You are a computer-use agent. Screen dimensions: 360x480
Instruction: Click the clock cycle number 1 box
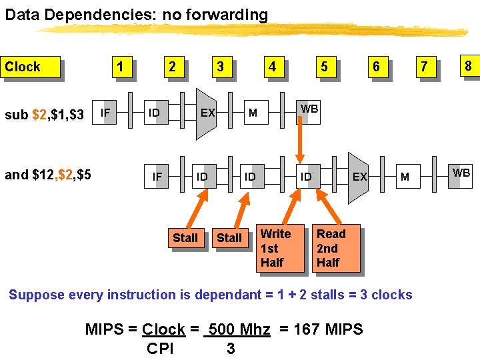[119, 67]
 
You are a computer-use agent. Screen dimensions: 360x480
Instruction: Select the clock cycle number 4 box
[271, 67]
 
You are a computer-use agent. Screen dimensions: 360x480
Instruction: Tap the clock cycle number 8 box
[468, 66]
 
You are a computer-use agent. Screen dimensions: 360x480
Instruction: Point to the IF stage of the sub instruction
[105, 113]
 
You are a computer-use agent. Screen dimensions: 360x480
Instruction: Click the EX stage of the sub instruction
[207, 113]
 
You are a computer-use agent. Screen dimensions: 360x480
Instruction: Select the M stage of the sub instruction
[253, 113]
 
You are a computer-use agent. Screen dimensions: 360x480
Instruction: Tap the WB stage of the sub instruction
[309, 109]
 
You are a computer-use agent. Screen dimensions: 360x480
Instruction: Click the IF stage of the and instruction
[157, 177]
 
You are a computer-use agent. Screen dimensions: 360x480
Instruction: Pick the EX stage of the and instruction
[359, 177]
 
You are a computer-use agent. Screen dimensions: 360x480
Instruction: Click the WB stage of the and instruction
[461, 173]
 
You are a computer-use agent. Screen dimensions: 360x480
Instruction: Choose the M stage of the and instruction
[405, 177]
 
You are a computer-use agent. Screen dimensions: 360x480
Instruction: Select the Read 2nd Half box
[335, 248]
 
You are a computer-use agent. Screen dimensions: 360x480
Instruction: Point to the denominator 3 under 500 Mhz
[231, 349]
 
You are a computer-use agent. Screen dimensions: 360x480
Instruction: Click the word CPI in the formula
[160, 349]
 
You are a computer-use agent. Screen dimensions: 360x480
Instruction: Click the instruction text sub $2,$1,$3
[44, 115]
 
